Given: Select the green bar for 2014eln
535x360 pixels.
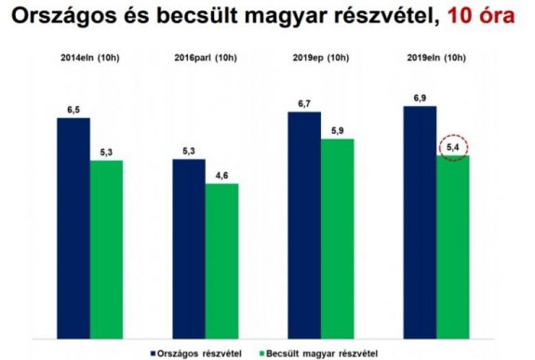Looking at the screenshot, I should tap(106, 246).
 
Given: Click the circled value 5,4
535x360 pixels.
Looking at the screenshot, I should tap(453, 147).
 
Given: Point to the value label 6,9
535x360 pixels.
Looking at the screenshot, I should tap(420, 98).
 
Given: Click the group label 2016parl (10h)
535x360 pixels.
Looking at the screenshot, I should tap(206, 60).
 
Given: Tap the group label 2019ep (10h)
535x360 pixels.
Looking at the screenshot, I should tap(320, 60).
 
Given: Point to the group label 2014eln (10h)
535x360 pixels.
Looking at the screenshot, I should tap(90, 60).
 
